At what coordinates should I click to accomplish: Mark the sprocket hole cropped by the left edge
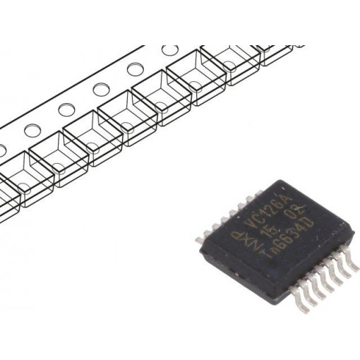[2, 150]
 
